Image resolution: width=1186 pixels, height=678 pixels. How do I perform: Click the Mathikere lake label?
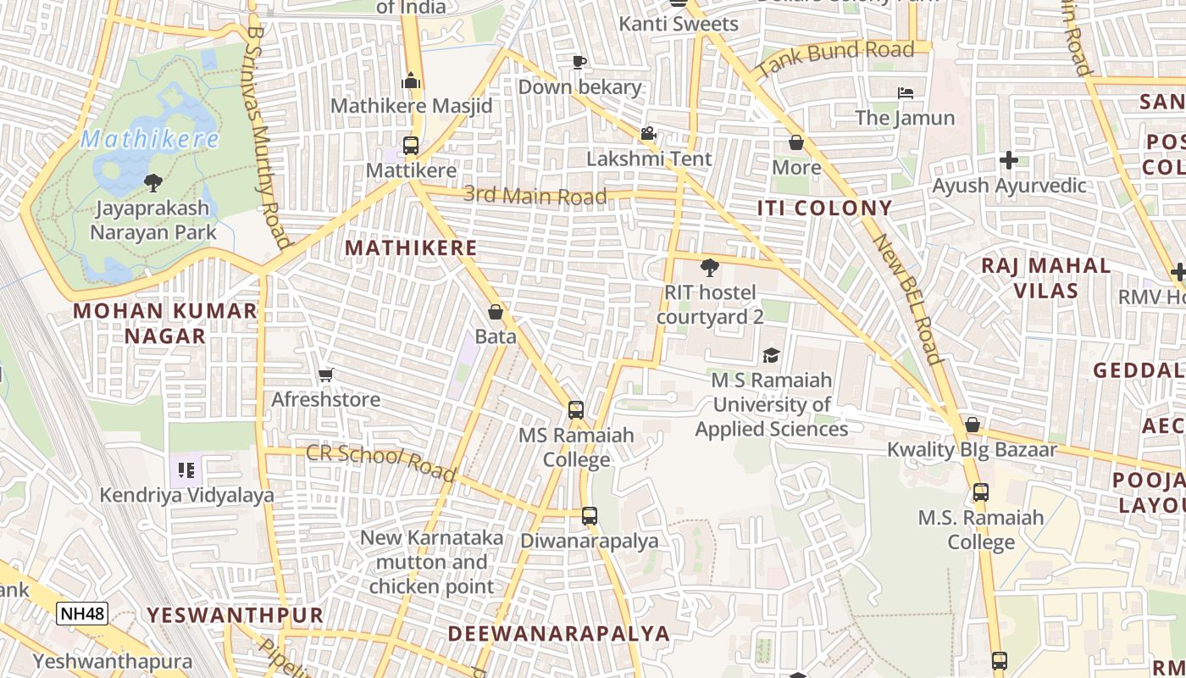(x=150, y=139)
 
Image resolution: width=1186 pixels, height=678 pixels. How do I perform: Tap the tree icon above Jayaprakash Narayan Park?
(x=153, y=182)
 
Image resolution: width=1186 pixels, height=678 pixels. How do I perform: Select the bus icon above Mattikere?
(x=411, y=146)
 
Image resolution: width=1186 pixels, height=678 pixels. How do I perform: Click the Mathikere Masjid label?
(x=411, y=106)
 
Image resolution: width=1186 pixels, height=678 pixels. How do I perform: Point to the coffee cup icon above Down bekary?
(x=579, y=62)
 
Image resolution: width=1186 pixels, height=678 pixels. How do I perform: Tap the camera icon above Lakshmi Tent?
(x=649, y=133)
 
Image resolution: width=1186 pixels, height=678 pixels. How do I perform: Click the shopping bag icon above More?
(x=795, y=142)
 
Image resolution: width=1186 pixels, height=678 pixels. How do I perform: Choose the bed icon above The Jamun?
(x=905, y=92)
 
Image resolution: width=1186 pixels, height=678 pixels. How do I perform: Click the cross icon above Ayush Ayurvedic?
(x=1008, y=159)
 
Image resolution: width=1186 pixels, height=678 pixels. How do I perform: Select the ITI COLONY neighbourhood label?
(x=824, y=208)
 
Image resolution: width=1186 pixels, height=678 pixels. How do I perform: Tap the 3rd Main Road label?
(x=535, y=196)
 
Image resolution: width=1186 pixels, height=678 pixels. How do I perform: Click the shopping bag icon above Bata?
(x=496, y=312)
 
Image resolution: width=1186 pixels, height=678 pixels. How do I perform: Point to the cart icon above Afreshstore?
(x=325, y=375)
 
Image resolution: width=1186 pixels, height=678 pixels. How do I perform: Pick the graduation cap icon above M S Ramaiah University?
(x=771, y=355)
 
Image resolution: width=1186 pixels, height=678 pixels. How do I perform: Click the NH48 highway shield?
(x=82, y=613)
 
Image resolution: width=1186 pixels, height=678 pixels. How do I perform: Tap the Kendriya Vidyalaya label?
(x=187, y=495)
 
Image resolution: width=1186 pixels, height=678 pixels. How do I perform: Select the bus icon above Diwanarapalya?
(x=590, y=515)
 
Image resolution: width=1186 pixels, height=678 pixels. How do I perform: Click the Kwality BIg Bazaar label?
(x=972, y=449)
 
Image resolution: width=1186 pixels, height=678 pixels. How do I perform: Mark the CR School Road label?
(x=380, y=461)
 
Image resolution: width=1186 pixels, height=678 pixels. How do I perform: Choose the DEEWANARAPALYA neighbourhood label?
(x=558, y=633)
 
